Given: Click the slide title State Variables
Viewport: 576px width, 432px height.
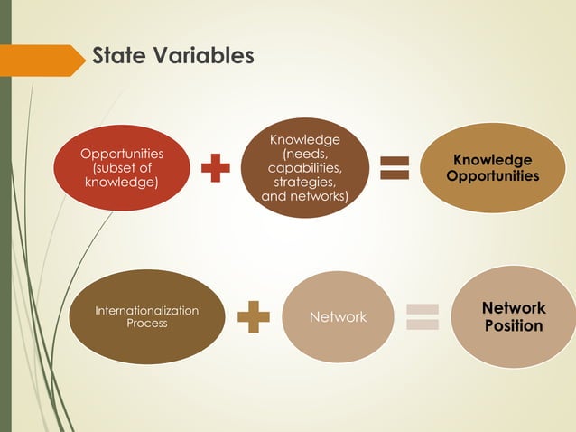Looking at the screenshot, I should [x=172, y=56].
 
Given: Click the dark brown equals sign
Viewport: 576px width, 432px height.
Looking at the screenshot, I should [x=394, y=169].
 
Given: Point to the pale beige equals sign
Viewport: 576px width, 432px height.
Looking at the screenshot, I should [x=422, y=317].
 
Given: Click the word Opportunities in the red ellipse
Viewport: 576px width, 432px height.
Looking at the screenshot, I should [x=122, y=154].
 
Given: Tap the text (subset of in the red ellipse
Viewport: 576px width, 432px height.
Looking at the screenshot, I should [x=122, y=168].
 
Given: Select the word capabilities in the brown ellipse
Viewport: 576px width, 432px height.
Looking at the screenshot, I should [x=304, y=168].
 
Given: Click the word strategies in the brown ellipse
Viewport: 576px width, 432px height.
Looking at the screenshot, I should [x=304, y=182].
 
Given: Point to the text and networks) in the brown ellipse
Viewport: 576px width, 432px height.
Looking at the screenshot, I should [x=304, y=195].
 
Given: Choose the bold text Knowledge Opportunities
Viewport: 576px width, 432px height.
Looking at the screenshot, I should [x=492, y=168].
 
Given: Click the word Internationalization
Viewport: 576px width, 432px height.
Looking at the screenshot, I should [x=146, y=310].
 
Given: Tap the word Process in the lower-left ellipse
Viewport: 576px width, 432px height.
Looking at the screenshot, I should [x=146, y=324].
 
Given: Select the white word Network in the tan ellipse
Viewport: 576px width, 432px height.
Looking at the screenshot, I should [x=338, y=317].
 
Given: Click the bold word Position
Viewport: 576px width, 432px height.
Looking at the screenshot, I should [x=513, y=325].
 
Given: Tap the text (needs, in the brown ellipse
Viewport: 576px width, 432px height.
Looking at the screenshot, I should [x=304, y=154].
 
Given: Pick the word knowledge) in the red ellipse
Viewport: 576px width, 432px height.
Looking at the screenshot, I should [x=122, y=183].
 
